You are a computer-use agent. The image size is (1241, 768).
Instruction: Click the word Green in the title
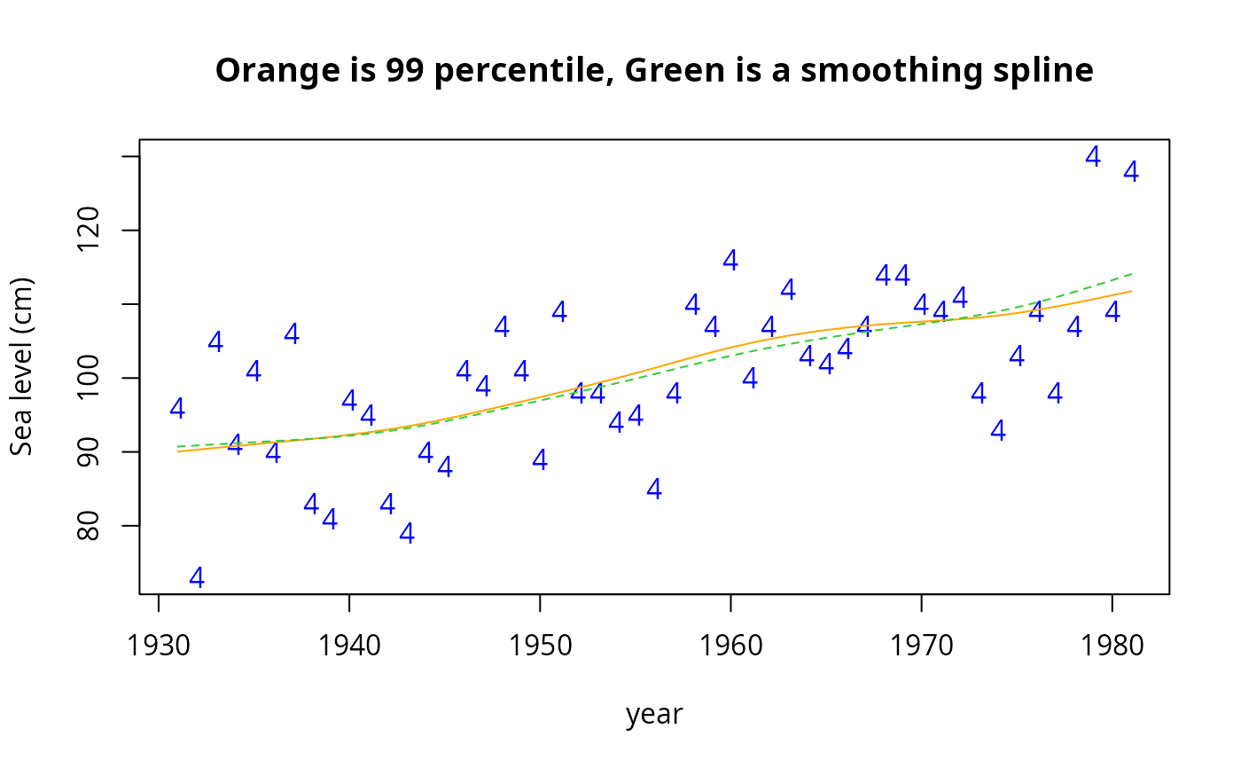(x=666, y=71)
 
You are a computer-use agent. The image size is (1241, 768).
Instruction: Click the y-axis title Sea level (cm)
(x=22, y=366)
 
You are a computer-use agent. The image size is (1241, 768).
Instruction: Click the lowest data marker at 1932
(x=197, y=577)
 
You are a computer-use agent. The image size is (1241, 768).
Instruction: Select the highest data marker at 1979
(x=1093, y=157)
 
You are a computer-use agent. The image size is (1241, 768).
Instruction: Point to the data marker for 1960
(x=730, y=260)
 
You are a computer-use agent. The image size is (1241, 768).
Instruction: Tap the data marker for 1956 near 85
(x=654, y=489)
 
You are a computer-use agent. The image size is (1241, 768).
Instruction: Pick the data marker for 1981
(x=1131, y=172)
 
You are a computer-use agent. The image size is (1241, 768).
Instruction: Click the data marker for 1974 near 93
(x=998, y=430)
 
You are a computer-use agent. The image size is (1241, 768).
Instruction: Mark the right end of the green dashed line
(x=1132, y=274)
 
